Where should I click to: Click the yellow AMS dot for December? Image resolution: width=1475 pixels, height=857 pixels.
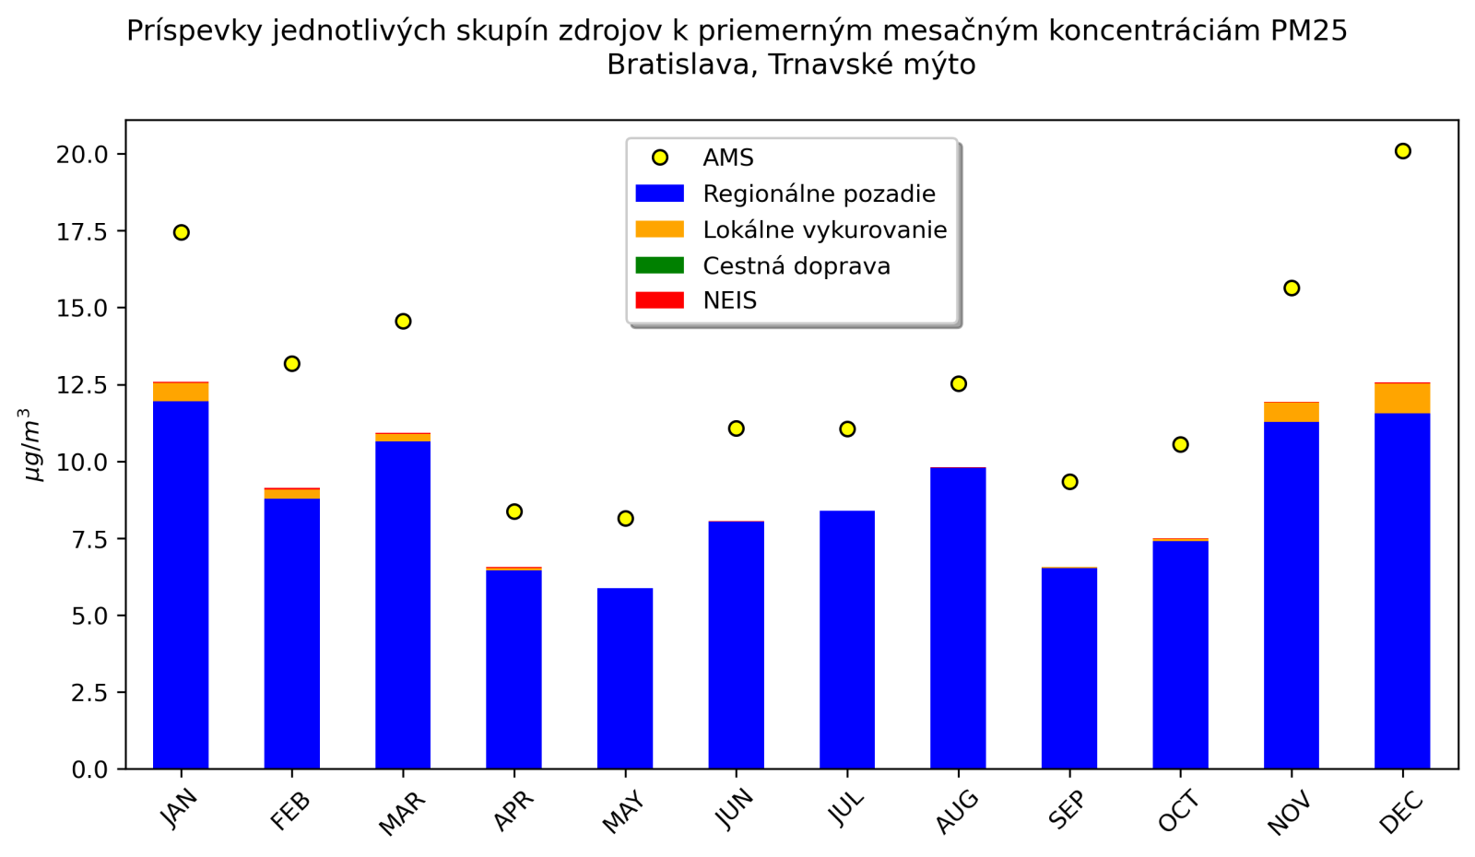[x=1402, y=151]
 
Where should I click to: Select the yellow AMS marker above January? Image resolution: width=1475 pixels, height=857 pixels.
[x=181, y=232]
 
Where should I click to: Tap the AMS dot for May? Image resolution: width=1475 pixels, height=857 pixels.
[x=625, y=519]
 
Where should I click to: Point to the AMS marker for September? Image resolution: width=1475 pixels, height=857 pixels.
[x=1069, y=482]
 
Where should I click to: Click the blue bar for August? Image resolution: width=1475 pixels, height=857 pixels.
[x=958, y=617]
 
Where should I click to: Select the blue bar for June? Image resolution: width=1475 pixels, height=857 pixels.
[x=736, y=645]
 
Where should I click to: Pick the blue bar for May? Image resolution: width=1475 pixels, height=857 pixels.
[x=625, y=678]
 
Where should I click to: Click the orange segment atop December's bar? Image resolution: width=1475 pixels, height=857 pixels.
[x=1402, y=398]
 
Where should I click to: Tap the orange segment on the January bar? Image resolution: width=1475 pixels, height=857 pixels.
[x=181, y=392]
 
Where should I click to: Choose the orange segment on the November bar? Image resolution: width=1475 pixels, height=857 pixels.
[x=1291, y=412]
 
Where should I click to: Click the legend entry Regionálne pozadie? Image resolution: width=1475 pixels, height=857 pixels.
[x=819, y=194]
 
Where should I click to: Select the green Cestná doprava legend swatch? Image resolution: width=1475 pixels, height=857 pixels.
[x=660, y=265]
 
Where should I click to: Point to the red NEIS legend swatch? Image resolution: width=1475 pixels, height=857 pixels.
[x=660, y=300]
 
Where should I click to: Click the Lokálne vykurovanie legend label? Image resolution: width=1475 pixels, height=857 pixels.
[x=824, y=229]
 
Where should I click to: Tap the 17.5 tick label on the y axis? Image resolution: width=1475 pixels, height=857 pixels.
[x=82, y=231]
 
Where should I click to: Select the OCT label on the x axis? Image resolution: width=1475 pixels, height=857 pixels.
[x=1178, y=812]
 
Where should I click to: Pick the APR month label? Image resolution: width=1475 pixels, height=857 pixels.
[x=512, y=812]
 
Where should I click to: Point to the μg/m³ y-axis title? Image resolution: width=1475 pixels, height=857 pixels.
[x=33, y=444]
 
